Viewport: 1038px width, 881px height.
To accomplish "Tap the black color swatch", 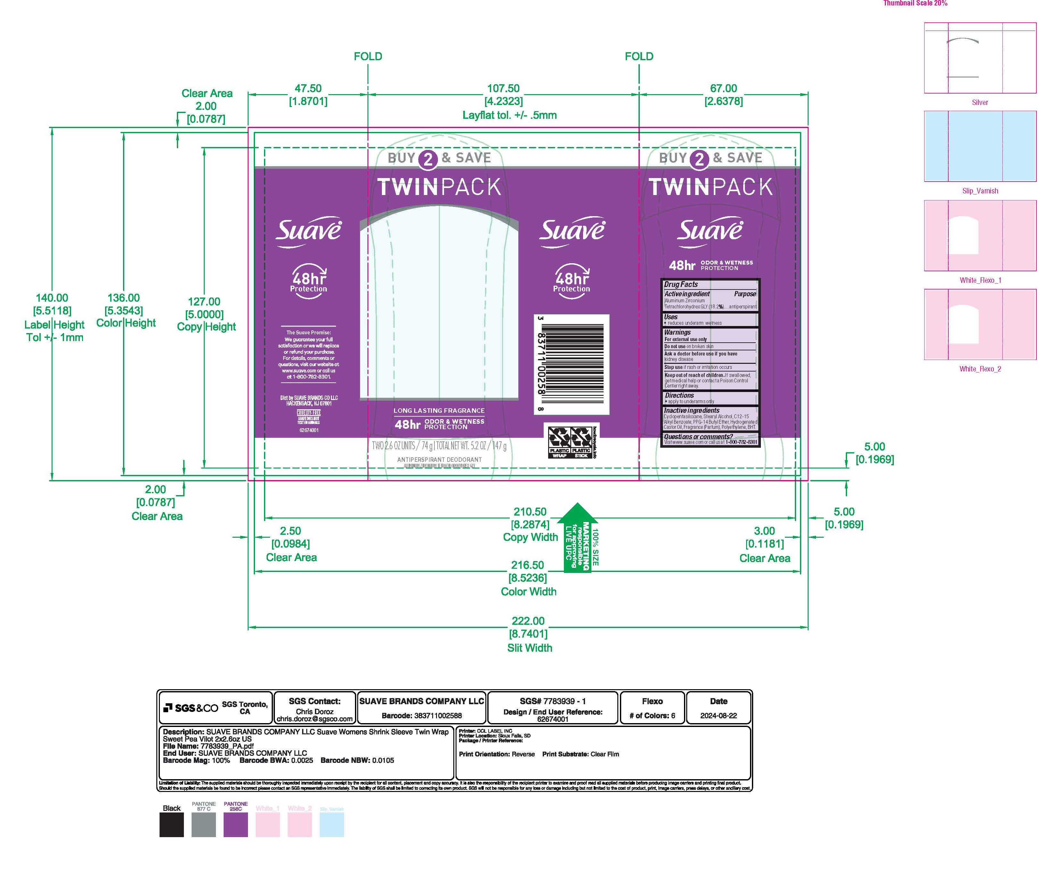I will click(x=171, y=824).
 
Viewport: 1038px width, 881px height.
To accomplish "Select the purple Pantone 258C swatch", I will click(x=235, y=824).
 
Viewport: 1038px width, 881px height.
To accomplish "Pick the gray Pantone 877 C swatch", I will click(x=203, y=824).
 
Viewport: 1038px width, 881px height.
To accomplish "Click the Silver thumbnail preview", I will click(x=980, y=58).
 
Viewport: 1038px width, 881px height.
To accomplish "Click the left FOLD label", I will click(x=368, y=56).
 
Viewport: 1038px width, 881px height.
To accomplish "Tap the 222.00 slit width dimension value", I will click(x=528, y=621).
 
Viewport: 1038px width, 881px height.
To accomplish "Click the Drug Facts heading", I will click(x=681, y=284).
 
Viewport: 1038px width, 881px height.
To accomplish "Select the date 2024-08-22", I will click(x=718, y=715).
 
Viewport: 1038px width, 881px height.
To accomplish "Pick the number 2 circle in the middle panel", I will click(x=428, y=159).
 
